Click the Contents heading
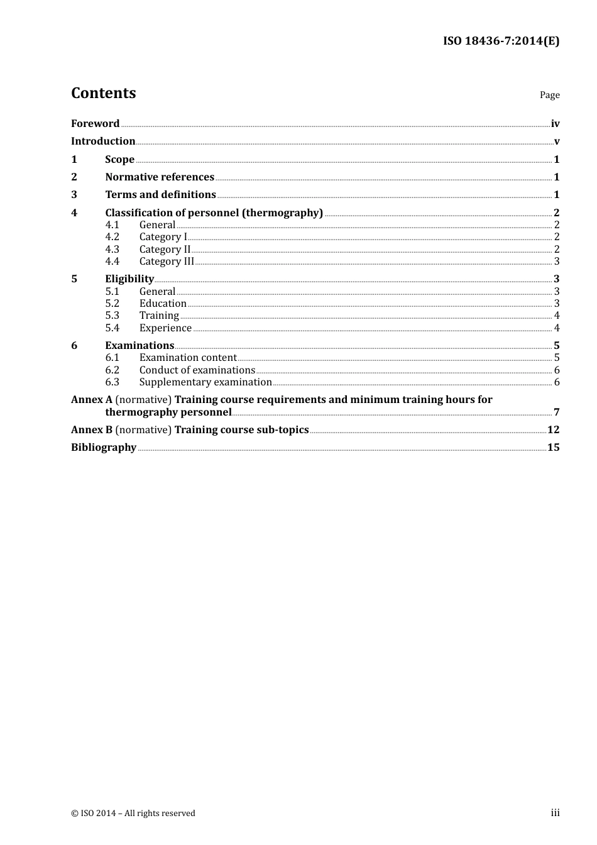pyautogui.click(x=103, y=93)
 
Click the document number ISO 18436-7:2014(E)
pyautogui.click(x=501, y=41)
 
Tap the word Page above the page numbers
pyautogui.click(x=549, y=95)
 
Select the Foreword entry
pyautogui.click(x=95, y=123)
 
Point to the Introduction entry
pyautogui.click(x=103, y=141)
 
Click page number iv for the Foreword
pyautogui.click(x=555, y=124)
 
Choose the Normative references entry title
pyautogui.click(x=160, y=177)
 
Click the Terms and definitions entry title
pyautogui.click(x=160, y=194)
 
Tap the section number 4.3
pyautogui.click(x=112, y=249)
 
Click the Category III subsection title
pyautogui.click(x=167, y=261)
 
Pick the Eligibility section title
pyautogui.click(x=129, y=279)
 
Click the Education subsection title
pyautogui.click(x=163, y=303)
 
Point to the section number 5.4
pyautogui.click(x=112, y=328)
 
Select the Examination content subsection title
pyautogui.click(x=188, y=357)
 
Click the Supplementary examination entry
pyautogui.click(x=205, y=382)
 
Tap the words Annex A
pyautogui.click(x=92, y=399)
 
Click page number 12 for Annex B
pyautogui.click(x=553, y=429)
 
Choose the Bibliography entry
pyautogui.click(x=104, y=447)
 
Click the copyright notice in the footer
pyautogui.click(x=133, y=813)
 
